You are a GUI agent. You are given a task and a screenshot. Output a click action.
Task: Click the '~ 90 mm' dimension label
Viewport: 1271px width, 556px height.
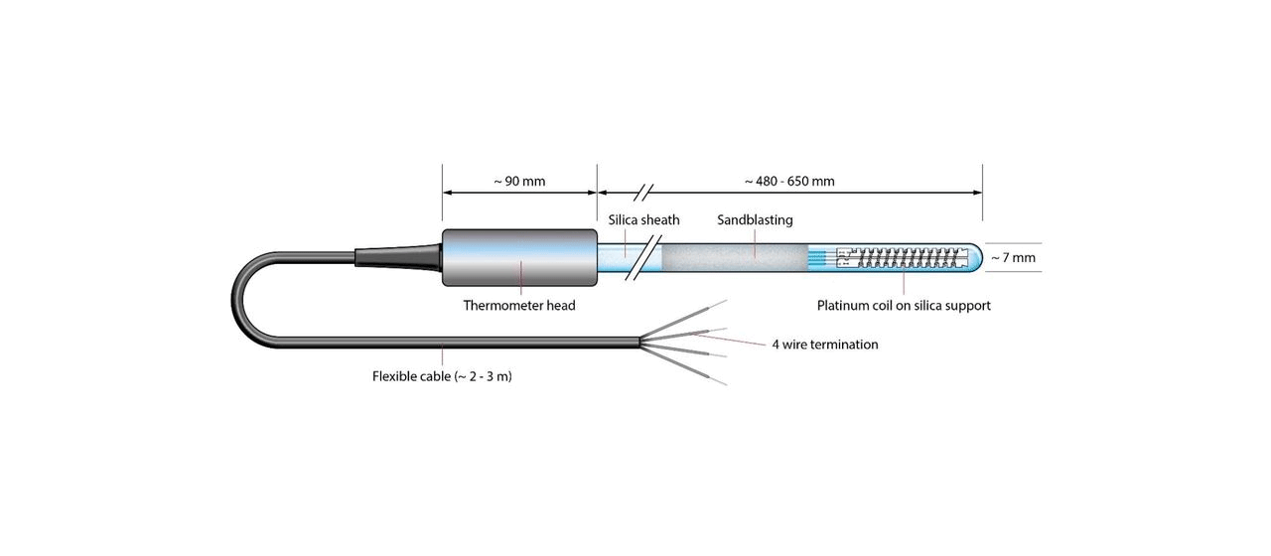[x=519, y=182]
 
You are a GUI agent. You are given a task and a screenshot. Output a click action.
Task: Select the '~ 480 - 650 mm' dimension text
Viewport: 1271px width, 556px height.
[x=789, y=182]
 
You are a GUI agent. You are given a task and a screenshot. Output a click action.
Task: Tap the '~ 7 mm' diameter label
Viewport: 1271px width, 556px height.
[x=1013, y=258]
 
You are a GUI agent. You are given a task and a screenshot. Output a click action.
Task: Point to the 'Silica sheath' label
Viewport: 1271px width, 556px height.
[x=643, y=219]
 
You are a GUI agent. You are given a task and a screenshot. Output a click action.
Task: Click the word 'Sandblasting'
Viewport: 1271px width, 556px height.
[x=755, y=219]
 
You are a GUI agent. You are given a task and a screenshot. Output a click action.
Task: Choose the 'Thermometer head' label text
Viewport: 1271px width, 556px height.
[x=519, y=306]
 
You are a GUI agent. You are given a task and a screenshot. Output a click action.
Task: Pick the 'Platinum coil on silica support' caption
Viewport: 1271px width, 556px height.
[x=904, y=306]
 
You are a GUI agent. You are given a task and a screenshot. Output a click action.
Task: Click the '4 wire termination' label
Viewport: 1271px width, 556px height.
[x=825, y=345]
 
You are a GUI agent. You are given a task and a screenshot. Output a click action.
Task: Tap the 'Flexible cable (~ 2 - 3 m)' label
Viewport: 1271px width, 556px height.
[x=442, y=376]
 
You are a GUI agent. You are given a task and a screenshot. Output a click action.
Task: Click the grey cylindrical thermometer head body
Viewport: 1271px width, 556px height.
[x=518, y=258]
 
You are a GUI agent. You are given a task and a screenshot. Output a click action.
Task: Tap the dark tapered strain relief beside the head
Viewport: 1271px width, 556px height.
[x=397, y=257]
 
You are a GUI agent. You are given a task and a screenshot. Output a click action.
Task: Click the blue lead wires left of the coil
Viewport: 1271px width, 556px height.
[x=822, y=258]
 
